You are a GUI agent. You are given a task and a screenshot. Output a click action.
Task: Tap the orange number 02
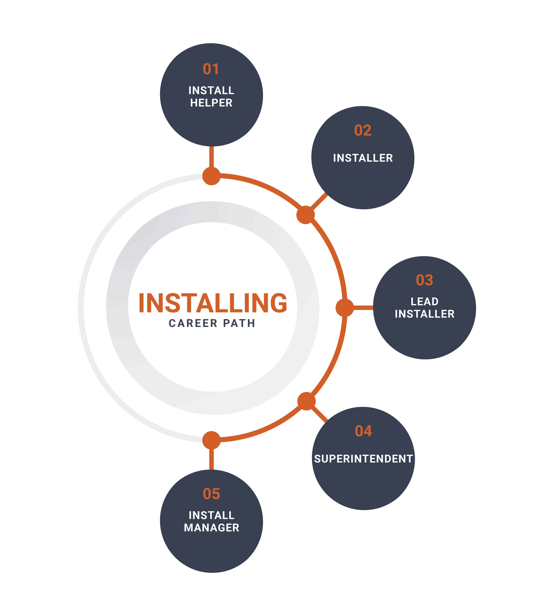point(363,130)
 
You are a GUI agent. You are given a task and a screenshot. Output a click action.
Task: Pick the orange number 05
point(211,494)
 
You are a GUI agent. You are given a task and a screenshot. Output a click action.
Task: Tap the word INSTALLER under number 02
point(363,158)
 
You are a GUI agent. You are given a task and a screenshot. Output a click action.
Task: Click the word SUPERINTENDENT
point(363,459)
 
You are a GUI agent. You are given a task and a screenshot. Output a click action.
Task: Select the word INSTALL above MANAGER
point(212,515)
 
